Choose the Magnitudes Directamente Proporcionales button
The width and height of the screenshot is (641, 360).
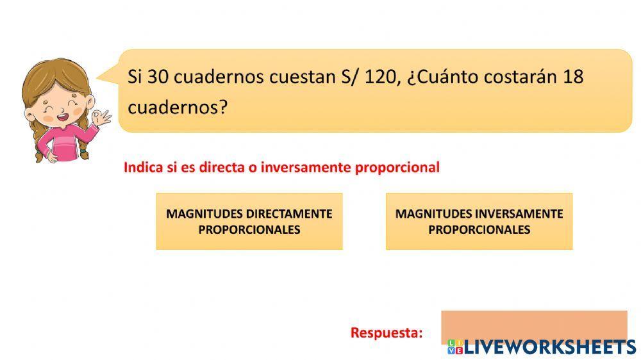(249, 221)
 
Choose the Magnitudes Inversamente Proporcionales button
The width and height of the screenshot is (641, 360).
(479, 221)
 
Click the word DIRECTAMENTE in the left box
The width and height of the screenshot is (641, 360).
(289, 213)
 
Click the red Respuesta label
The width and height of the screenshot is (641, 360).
(387, 332)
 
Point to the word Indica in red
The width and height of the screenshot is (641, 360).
(142, 168)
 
